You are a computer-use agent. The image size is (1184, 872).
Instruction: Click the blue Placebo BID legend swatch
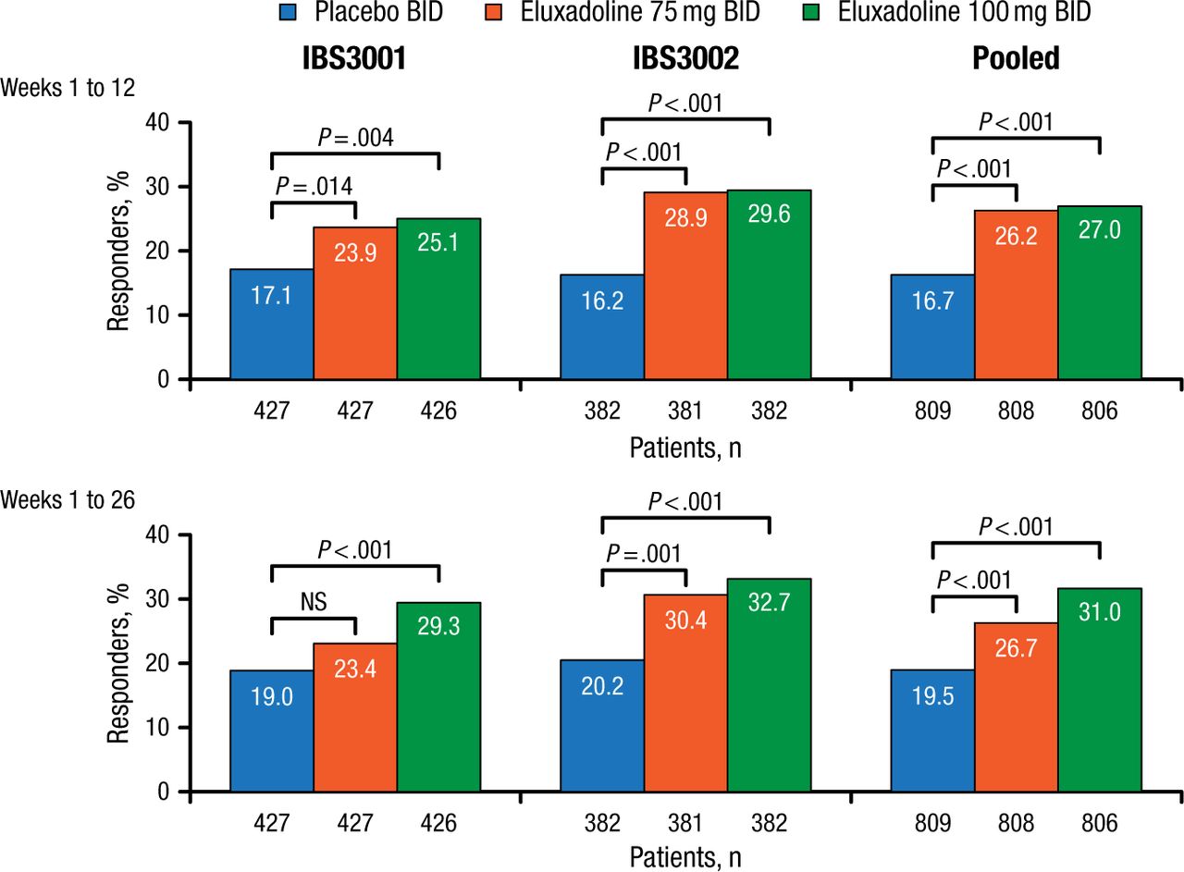pos(290,13)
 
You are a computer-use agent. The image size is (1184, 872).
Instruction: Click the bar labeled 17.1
pos(272,324)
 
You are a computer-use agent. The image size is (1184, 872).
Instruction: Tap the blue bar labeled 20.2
pos(602,726)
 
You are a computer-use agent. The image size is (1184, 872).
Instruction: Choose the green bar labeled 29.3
pos(438,697)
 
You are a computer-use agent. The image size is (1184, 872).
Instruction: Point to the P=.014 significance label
pos(314,186)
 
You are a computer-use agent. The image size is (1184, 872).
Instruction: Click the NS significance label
pos(314,602)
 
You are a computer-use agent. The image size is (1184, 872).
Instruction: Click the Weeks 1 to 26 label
pos(69,500)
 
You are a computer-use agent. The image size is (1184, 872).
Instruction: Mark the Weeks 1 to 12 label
pos(69,88)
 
